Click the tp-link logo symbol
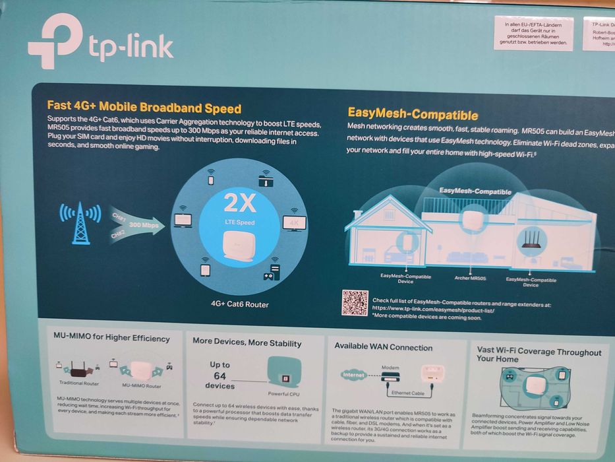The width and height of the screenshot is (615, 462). click(54, 41)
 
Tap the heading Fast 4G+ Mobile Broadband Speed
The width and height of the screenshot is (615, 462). click(144, 108)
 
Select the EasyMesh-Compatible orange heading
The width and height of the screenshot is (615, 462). click(413, 115)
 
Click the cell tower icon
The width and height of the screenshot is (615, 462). click(80, 222)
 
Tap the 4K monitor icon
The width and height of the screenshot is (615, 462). click(294, 222)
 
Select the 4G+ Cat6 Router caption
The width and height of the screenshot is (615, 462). click(239, 304)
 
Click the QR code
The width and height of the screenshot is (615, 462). click(355, 302)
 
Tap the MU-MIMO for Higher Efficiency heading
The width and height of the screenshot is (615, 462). click(111, 339)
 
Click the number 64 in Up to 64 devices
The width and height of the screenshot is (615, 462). click(219, 376)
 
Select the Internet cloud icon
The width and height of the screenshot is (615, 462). click(353, 375)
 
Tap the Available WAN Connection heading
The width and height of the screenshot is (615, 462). click(383, 347)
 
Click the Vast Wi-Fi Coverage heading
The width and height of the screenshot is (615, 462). click(539, 356)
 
